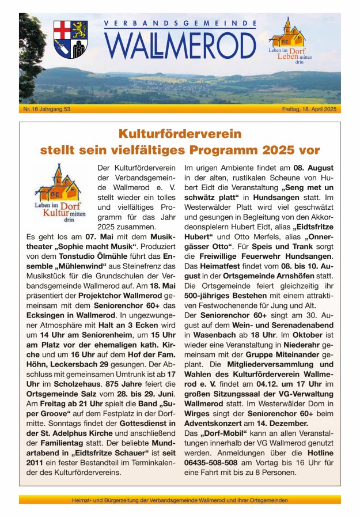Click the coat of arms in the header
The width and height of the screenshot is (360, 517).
point(70,39)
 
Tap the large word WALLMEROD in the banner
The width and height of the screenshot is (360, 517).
point(181,45)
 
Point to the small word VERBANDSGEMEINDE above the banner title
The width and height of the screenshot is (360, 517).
point(180,24)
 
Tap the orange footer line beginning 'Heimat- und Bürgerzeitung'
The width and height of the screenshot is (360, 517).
point(180,500)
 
